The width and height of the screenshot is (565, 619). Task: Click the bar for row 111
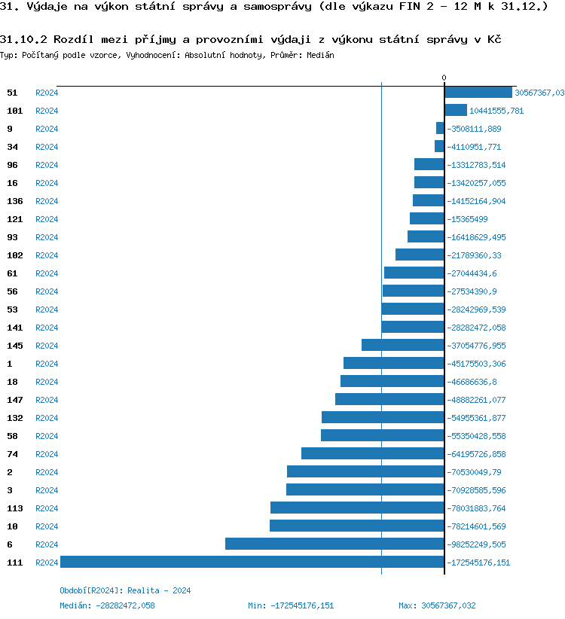point(252,562)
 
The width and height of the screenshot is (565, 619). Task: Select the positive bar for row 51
point(478,92)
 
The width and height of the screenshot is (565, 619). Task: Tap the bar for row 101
point(456,110)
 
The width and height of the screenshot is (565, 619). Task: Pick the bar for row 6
point(334,544)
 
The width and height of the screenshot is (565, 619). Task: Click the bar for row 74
point(373,453)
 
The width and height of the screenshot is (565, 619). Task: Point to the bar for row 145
point(403,345)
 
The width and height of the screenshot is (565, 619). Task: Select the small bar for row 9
point(440,128)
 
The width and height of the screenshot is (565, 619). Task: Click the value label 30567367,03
point(539,93)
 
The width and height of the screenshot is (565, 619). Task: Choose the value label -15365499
point(468,219)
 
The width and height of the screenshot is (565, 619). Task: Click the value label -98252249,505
point(477,544)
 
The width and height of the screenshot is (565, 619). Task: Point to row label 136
point(14,201)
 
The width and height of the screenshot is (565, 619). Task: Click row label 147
point(14,400)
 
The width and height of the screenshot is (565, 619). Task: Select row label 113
point(14,508)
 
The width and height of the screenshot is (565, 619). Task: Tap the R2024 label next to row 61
point(47,273)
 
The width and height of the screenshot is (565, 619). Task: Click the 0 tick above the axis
point(444,78)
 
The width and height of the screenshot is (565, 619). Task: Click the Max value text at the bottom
point(437,605)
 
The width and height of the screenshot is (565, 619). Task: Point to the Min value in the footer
point(291,605)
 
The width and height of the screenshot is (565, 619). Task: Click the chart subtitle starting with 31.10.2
point(251,39)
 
